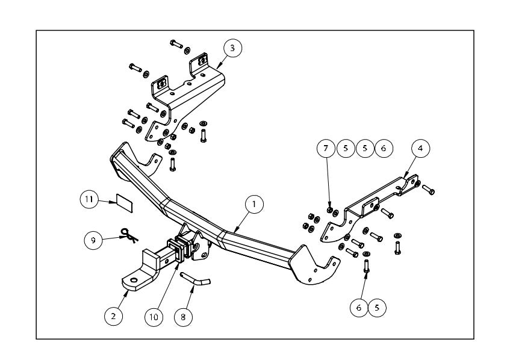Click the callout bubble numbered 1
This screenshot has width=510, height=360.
(254, 205)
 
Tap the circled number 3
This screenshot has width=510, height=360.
(232, 48)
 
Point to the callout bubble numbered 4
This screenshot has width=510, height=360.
(420, 147)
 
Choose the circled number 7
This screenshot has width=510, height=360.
(326, 147)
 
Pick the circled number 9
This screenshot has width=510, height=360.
(93, 240)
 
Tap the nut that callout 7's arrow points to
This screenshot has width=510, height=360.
(329, 209)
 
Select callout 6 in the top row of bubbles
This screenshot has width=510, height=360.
(384, 147)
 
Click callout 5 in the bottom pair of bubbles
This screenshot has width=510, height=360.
(378, 307)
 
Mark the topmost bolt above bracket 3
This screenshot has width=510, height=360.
(175, 44)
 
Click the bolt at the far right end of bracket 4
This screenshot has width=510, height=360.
(429, 190)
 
